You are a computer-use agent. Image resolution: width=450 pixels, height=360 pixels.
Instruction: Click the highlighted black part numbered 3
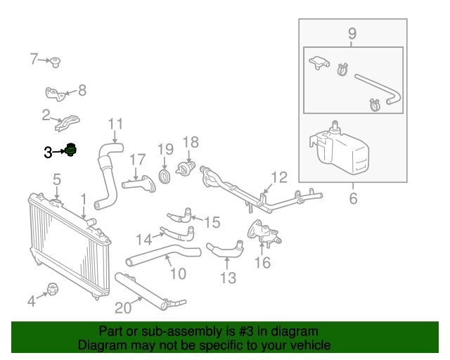(x=70, y=150)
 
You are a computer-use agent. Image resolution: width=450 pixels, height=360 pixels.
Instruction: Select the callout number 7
(x=34, y=59)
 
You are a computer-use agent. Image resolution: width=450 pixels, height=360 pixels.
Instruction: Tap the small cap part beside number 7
(x=55, y=63)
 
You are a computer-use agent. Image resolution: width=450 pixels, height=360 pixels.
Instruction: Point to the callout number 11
(x=115, y=124)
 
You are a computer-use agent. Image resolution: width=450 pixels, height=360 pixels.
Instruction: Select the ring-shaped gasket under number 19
(x=165, y=174)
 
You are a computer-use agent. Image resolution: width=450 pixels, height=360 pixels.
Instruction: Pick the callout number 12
(x=279, y=177)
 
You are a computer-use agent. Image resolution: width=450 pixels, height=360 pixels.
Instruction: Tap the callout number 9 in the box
(x=352, y=33)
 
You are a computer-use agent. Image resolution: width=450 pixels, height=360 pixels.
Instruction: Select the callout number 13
(x=228, y=278)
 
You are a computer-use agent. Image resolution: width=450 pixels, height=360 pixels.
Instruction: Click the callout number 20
(x=123, y=307)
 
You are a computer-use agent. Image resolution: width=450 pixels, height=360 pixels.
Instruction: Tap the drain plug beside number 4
(x=53, y=288)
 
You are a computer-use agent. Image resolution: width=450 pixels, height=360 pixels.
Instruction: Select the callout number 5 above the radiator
(x=57, y=180)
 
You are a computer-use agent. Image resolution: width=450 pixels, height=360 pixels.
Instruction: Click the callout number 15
(x=212, y=222)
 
